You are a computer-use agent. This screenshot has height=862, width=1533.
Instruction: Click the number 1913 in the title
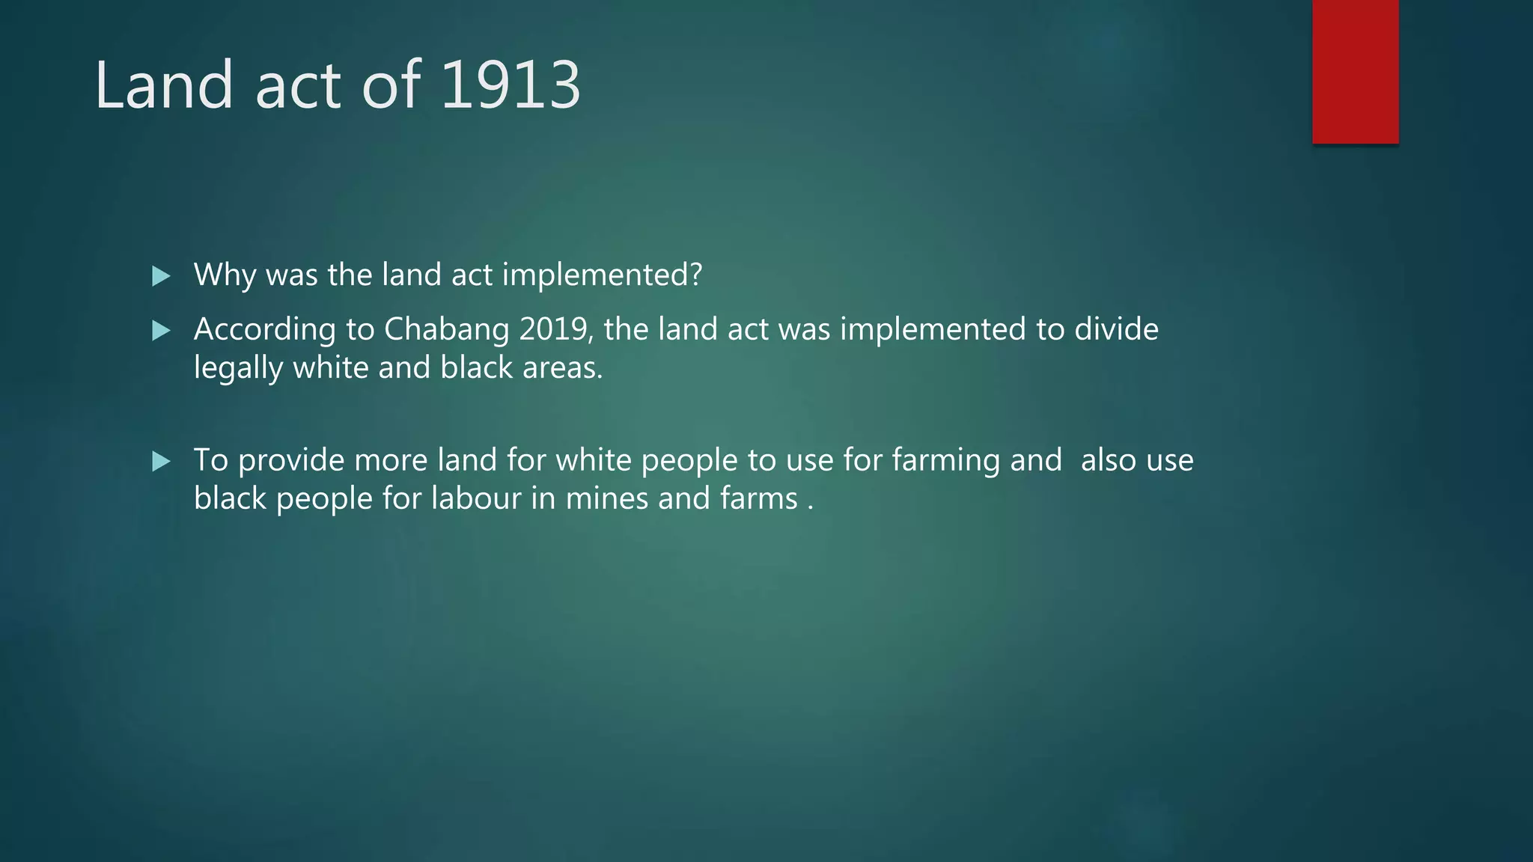tap(511, 85)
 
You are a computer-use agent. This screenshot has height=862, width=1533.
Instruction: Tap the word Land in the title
tap(164, 85)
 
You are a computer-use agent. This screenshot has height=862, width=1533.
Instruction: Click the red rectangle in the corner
tap(1355, 72)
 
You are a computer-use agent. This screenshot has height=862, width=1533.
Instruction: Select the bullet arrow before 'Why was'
tap(161, 276)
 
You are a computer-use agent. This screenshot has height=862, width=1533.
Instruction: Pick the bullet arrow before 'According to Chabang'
tap(161, 330)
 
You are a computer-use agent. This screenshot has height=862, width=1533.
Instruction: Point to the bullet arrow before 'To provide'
tap(161, 461)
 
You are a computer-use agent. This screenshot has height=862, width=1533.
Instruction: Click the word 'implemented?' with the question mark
tap(602, 275)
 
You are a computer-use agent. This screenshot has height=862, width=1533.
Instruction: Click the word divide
tap(1116, 329)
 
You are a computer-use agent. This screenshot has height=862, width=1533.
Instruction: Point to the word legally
tap(238, 369)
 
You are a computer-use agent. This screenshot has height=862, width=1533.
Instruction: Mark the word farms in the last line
tap(759, 499)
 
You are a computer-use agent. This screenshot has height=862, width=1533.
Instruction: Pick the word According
tap(265, 330)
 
